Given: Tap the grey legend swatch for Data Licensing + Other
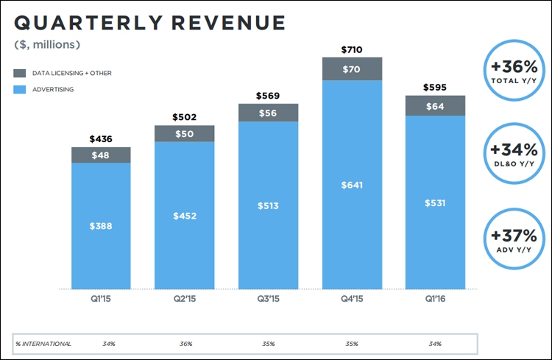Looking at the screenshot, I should (19, 74).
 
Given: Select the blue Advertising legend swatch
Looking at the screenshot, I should (19, 89).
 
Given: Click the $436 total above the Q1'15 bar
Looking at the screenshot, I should (101, 139).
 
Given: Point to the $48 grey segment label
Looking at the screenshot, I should (101, 155).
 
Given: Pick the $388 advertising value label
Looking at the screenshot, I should (101, 227).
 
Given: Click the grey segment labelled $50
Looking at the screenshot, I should (184, 133).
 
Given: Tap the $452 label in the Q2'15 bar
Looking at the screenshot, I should (184, 216).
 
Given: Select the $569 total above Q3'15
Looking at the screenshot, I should (268, 96).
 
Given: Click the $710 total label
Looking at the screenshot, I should (352, 49).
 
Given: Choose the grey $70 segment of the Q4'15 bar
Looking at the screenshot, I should (352, 69).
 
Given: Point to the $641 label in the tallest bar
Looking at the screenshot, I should (352, 184).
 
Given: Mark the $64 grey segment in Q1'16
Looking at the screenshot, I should (435, 106).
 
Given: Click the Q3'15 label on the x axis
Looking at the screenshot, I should (268, 300).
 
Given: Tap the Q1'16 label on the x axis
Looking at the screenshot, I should (435, 300).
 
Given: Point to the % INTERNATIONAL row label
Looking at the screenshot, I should (44, 344).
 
